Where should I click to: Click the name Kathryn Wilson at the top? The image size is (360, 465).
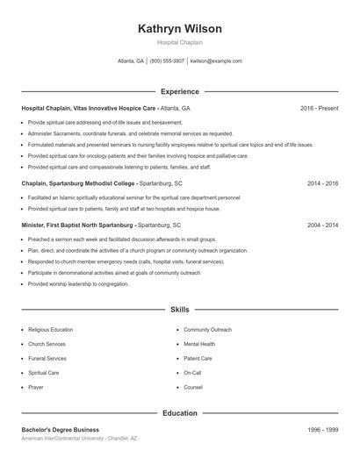click(x=180, y=29)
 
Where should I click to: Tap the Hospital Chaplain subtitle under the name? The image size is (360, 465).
click(x=180, y=42)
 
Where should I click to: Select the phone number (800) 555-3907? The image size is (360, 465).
click(x=167, y=61)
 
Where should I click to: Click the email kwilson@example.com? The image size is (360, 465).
click(x=216, y=61)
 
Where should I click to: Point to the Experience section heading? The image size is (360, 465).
click(x=180, y=91)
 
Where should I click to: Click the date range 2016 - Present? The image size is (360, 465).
click(x=319, y=108)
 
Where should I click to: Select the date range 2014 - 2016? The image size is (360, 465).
click(x=322, y=184)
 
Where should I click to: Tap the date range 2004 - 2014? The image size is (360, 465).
click(x=322, y=225)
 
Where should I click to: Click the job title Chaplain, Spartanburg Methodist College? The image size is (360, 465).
click(x=78, y=184)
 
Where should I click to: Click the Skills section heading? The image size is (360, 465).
click(x=180, y=310)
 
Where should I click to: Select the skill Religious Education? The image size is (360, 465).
click(x=50, y=330)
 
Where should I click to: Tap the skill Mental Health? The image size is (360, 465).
click(x=199, y=344)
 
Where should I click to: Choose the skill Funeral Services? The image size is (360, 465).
click(x=47, y=358)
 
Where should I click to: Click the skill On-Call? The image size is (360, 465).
click(x=192, y=372)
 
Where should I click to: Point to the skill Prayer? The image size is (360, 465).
click(x=36, y=387)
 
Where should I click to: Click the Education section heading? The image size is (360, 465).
click(x=180, y=412)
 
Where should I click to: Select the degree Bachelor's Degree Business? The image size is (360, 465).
click(x=61, y=430)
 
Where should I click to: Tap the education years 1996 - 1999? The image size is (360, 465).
click(x=322, y=430)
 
